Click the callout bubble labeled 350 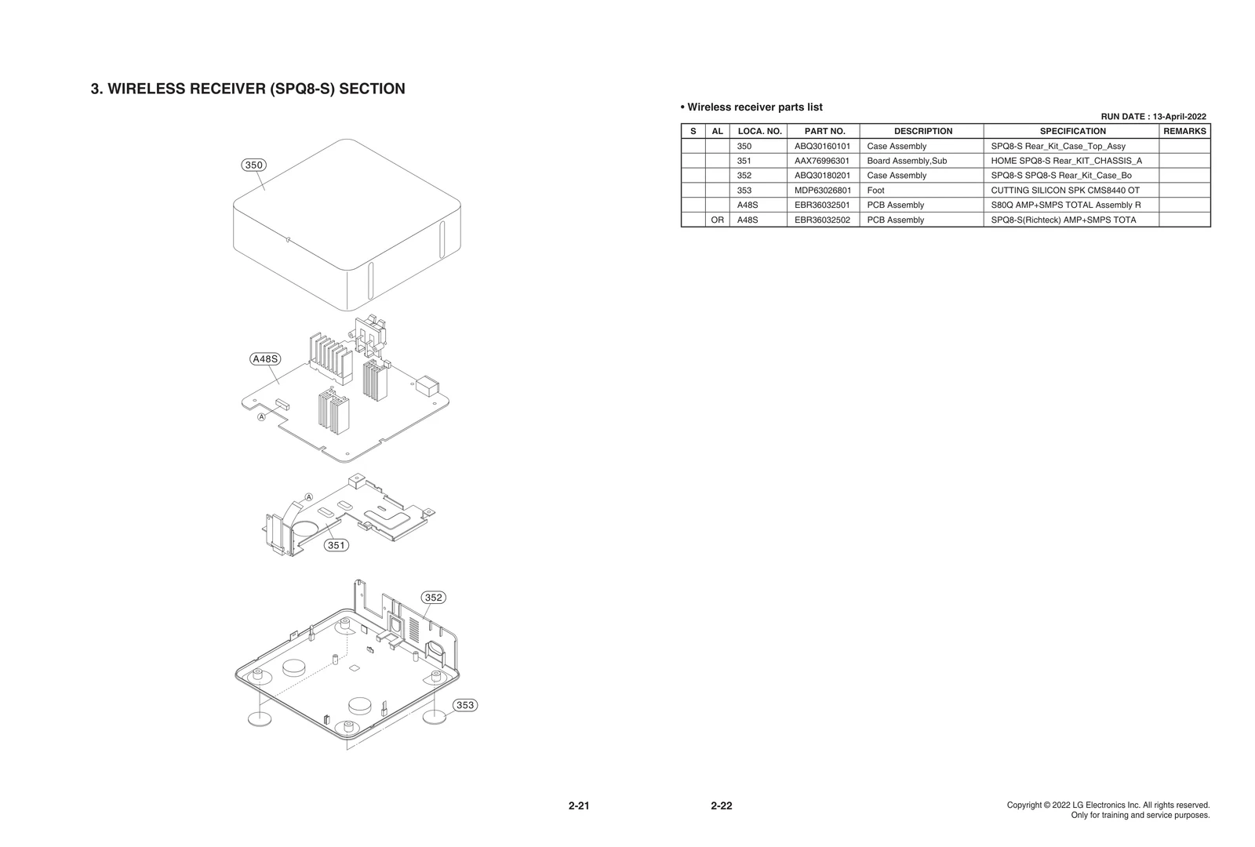tap(253, 165)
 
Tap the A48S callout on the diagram tap(265, 359)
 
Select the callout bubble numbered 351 tap(336, 545)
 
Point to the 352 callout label tap(434, 598)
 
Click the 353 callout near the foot tap(465, 705)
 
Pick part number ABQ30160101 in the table tap(822, 147)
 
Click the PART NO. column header tap(824, 132)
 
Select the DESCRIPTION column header tap(922, 132)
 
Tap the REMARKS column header tap(1184, 132)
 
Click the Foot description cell tap(875, 191)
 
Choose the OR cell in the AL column tap(717, 220)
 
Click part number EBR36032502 tap(822, 220)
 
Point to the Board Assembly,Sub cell tap(907, 161)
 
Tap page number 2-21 tap(579, 806)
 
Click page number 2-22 tap(721, 806)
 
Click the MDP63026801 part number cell tap(822, 191)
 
